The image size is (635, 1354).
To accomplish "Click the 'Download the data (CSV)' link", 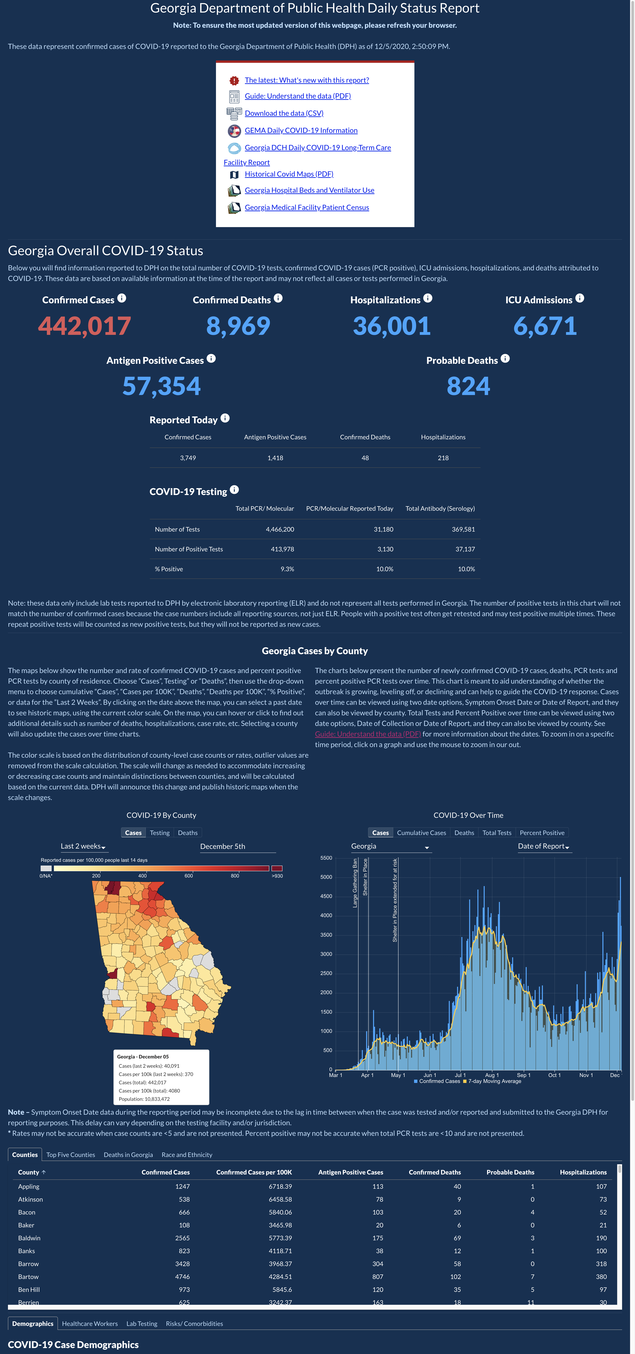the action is click(284, 113).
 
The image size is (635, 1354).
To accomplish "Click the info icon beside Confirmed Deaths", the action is click(278, 298).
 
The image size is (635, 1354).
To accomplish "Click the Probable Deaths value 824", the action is click(468, 386).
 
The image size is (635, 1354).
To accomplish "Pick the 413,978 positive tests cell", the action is click(282, 549).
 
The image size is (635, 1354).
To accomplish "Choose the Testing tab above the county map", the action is click(160, 833).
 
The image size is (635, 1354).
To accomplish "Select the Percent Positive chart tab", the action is click(542, 833).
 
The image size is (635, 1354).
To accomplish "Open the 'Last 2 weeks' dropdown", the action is click(83, 846).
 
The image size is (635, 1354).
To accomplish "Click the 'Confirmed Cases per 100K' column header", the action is click(254, 1172).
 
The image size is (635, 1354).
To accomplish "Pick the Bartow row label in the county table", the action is click(28, 1277).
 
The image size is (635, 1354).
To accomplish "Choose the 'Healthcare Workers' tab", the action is click(90, 1324).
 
